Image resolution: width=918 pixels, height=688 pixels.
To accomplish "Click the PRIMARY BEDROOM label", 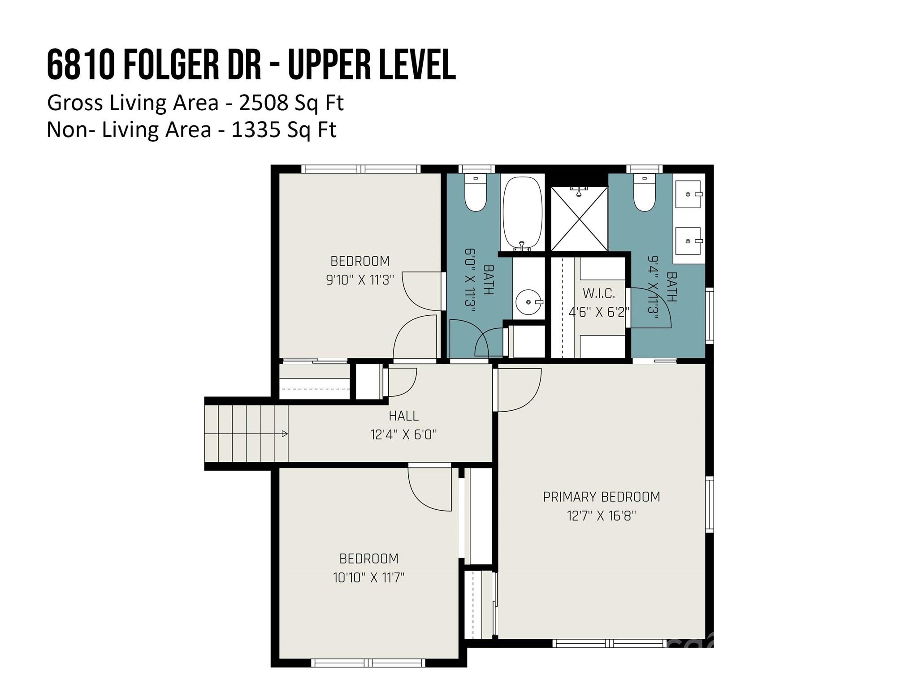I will (601, 497).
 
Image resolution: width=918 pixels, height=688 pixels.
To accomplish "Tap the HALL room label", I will (403, 416).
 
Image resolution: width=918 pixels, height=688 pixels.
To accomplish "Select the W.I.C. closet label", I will (598, 294).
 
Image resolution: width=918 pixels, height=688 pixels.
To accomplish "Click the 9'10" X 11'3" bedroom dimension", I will (359, 280).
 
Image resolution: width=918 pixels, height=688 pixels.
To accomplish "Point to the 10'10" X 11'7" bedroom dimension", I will (368, 578).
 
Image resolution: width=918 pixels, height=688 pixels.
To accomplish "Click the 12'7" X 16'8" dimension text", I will (601, 516).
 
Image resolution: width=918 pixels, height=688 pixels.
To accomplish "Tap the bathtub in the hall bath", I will (522, 213).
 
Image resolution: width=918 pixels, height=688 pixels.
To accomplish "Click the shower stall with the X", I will (579, 219).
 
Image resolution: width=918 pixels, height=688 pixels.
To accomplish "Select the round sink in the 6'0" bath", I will (528, 303).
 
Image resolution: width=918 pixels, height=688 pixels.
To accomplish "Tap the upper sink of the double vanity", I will (688, 194).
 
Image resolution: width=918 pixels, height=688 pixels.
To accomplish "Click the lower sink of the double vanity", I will (688, 241).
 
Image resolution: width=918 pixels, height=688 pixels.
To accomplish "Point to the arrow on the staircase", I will (284, 434).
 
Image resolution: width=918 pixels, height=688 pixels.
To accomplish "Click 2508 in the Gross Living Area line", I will (264, 103).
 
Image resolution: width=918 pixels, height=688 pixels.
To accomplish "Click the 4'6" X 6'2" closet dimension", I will (598, 312).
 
